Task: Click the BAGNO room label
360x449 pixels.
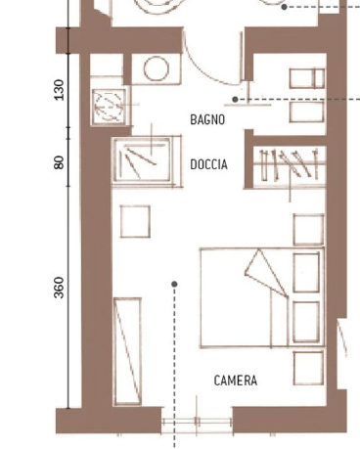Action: pos(207,119)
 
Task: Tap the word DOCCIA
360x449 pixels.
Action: pos(208,164)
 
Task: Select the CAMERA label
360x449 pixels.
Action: pos(236,381)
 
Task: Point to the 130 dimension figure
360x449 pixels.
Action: pos(59,90)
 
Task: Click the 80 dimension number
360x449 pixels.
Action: pos(59,162)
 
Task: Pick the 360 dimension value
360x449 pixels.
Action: pos(59,288)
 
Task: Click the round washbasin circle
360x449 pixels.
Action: pos(157,68)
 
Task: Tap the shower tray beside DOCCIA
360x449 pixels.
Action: pos(142,159)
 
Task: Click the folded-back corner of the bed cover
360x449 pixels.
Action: pos(266,273)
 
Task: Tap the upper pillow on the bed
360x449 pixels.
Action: pos(306,273)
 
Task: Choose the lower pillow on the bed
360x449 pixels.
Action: pos(306,322)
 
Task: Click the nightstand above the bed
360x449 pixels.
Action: pos(308,230)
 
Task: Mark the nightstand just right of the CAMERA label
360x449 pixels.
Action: pos(308,368)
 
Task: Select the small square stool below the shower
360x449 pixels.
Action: pos(135,221)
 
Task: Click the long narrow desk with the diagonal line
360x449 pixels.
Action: pos(127,351)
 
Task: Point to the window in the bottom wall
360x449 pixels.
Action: pos(197,422)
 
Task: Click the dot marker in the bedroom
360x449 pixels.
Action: pos(174,284)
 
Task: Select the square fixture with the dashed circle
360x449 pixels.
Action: pos(109,107)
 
